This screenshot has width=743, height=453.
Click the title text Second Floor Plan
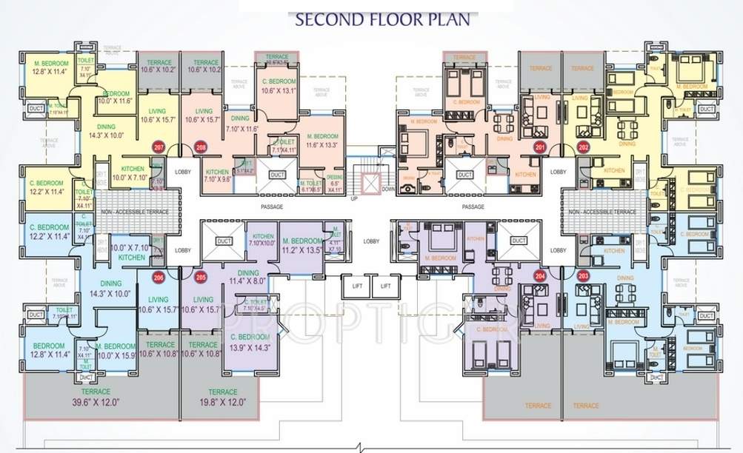[382, 19]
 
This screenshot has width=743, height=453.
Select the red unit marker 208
[199, 147]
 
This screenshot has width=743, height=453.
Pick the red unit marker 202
[584, 147]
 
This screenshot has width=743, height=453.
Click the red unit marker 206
[158, 278]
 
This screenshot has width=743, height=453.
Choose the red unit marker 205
[199, 278]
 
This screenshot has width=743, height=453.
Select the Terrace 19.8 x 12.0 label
[218, 397]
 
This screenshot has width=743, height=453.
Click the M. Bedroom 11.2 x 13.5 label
[302, 246]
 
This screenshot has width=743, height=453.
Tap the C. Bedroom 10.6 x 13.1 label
[279, 87]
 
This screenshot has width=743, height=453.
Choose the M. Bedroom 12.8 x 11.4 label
[50, 68]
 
